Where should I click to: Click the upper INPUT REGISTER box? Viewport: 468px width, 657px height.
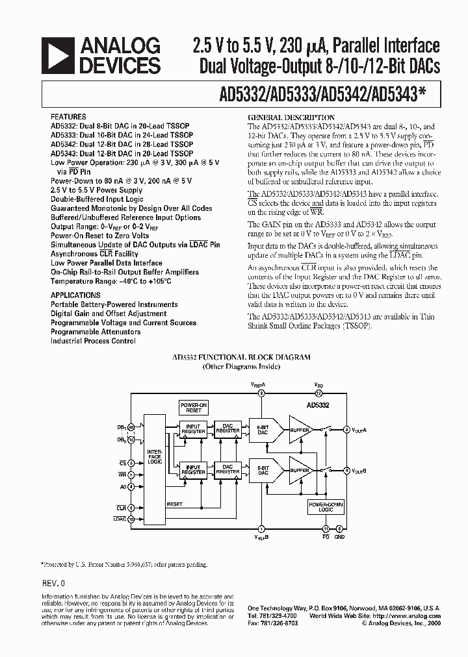(x=194, y=429)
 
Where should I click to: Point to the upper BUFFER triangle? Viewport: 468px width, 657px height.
(x=300, y=429)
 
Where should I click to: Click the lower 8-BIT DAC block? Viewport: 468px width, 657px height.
(x=263, y=470)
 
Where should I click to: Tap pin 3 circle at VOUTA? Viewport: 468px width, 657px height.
(x=346, y=430)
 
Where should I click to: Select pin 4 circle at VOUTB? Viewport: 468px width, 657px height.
(x=346, y=469)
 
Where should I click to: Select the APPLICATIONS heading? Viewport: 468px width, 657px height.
(x=75, y=295)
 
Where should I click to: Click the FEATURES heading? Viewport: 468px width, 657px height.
(x=68, y=118)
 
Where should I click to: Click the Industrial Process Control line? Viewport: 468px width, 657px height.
(x=93, y=341)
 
